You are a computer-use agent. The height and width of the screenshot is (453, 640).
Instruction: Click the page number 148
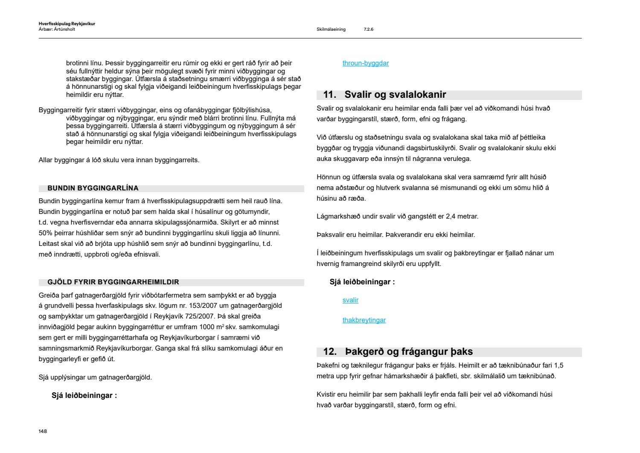43,431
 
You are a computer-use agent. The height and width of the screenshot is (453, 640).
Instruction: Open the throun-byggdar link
365,63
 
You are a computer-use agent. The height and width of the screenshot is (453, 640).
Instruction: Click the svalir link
350,300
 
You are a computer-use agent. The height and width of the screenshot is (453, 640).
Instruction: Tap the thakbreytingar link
364,320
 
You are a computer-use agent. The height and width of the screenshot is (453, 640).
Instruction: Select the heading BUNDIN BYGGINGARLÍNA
93,188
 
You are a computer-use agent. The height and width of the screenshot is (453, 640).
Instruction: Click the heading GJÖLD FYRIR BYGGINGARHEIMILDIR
113,282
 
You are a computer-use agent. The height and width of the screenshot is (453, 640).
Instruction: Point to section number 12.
330,352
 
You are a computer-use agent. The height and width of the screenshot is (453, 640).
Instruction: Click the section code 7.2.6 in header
369,29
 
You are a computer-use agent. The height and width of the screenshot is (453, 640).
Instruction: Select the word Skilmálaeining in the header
331,29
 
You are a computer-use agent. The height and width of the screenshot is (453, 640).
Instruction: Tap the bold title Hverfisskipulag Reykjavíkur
67,24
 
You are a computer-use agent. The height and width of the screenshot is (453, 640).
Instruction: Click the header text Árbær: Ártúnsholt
57,29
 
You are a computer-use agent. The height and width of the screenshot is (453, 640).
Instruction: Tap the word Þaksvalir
332,235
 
